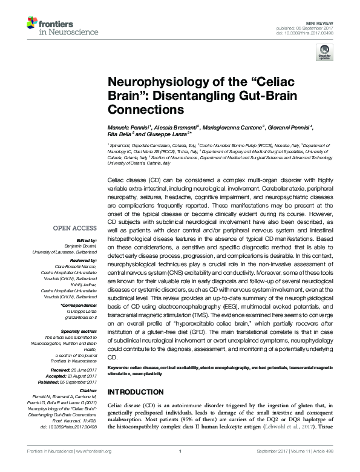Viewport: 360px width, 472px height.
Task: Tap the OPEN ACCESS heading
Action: [74, 228]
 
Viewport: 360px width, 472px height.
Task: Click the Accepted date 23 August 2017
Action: [86, 375]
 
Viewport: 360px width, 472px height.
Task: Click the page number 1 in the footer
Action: [180, 465]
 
